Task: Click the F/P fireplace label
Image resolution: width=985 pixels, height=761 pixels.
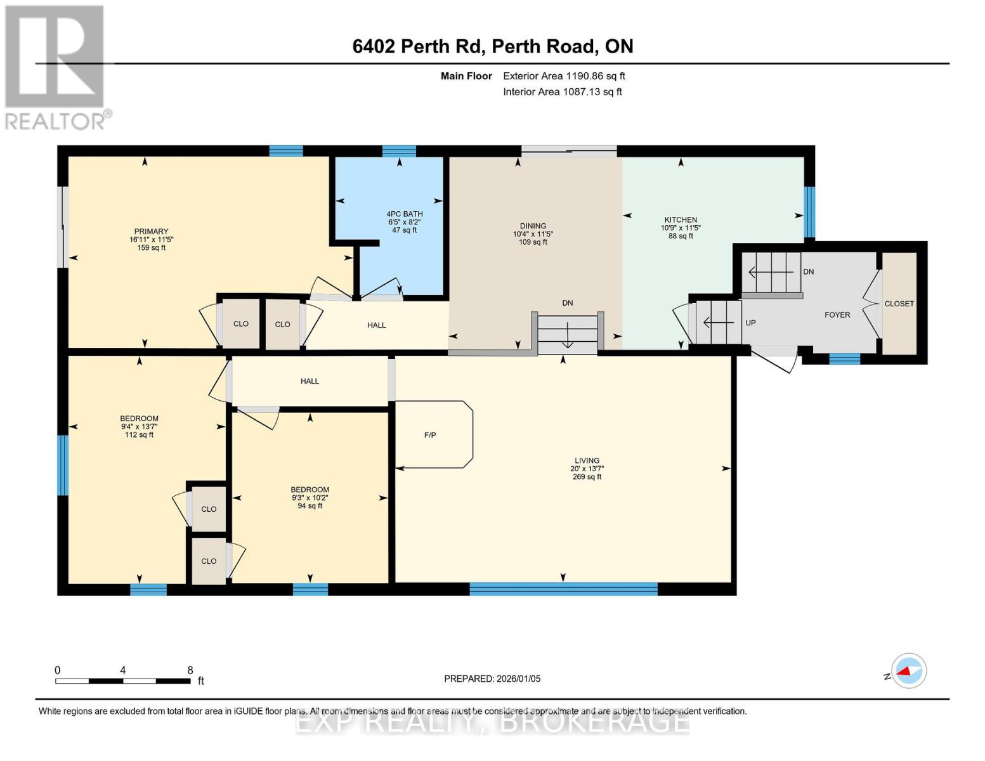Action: [x=430, y=435]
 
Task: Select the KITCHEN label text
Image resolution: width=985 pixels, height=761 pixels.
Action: [x=681, y=219]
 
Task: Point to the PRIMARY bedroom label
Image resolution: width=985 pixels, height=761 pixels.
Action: [x=151, y=231]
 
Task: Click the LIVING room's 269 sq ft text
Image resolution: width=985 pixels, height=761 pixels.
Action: [x=587, y=477]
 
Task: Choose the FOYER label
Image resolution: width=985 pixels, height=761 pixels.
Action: [x=837, y=315]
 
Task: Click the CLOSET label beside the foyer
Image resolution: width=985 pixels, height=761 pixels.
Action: [x=899, y=304]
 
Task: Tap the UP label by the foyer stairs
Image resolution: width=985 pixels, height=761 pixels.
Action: [x=750, y=323]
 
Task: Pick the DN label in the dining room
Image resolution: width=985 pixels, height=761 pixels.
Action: [x=568, y=303]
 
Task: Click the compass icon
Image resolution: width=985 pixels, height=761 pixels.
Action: [x=909, y=671]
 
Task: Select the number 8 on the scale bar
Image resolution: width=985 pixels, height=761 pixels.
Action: [x=190, y=670]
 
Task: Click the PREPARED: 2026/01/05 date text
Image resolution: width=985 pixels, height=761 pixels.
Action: [x=492, y=679]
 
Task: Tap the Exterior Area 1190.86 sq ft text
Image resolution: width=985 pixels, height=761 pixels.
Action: [x=564, y=76]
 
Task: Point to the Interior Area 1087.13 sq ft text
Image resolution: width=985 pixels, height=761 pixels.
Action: [x=563, y=92]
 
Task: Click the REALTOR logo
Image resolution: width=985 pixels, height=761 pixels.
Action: [x=56, y=67]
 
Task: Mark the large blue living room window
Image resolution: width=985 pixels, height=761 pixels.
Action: [x=563, y=589]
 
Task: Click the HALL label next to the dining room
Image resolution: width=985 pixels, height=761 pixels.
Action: [x=377, y=325]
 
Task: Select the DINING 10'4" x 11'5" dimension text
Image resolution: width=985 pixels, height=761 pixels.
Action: [x=533, y=234]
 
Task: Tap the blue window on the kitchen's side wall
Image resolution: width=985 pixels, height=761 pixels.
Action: [x=809, y=212]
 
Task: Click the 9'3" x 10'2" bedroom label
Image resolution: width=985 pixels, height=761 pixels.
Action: [x=310, y=498]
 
